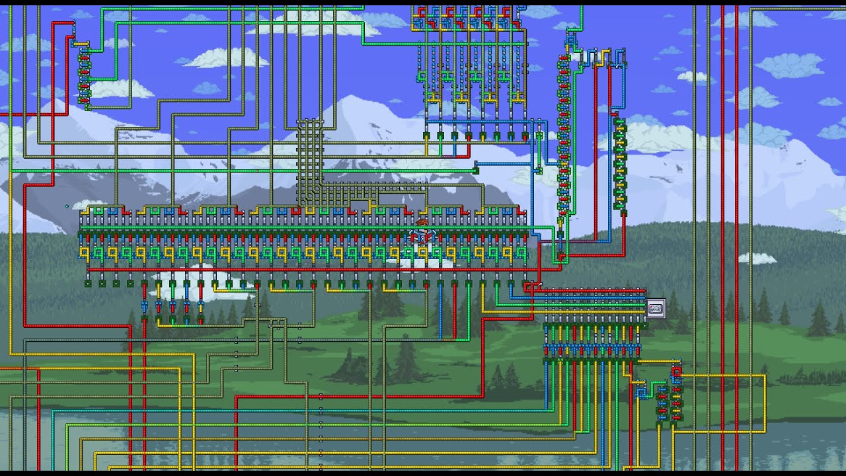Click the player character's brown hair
point(422,223)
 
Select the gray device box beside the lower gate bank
point(656,309)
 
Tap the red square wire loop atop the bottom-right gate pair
point(675,373)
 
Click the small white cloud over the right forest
point(757,258)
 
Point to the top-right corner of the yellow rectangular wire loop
point(765,376)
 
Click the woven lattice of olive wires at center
point(309,162)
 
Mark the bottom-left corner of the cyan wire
point(53,411)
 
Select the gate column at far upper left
point(84,76)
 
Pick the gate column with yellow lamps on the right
point(619,165)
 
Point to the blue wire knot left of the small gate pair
point(641,393)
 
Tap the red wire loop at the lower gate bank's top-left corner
point(531,286)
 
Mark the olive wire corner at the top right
point(751,9)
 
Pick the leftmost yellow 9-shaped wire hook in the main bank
point(85,253)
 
